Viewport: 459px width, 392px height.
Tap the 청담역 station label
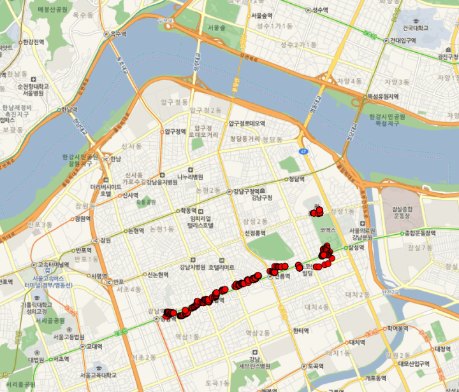click(296, 179)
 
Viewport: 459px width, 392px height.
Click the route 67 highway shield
click(304, 151)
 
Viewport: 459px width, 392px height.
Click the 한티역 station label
click(300, 330)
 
